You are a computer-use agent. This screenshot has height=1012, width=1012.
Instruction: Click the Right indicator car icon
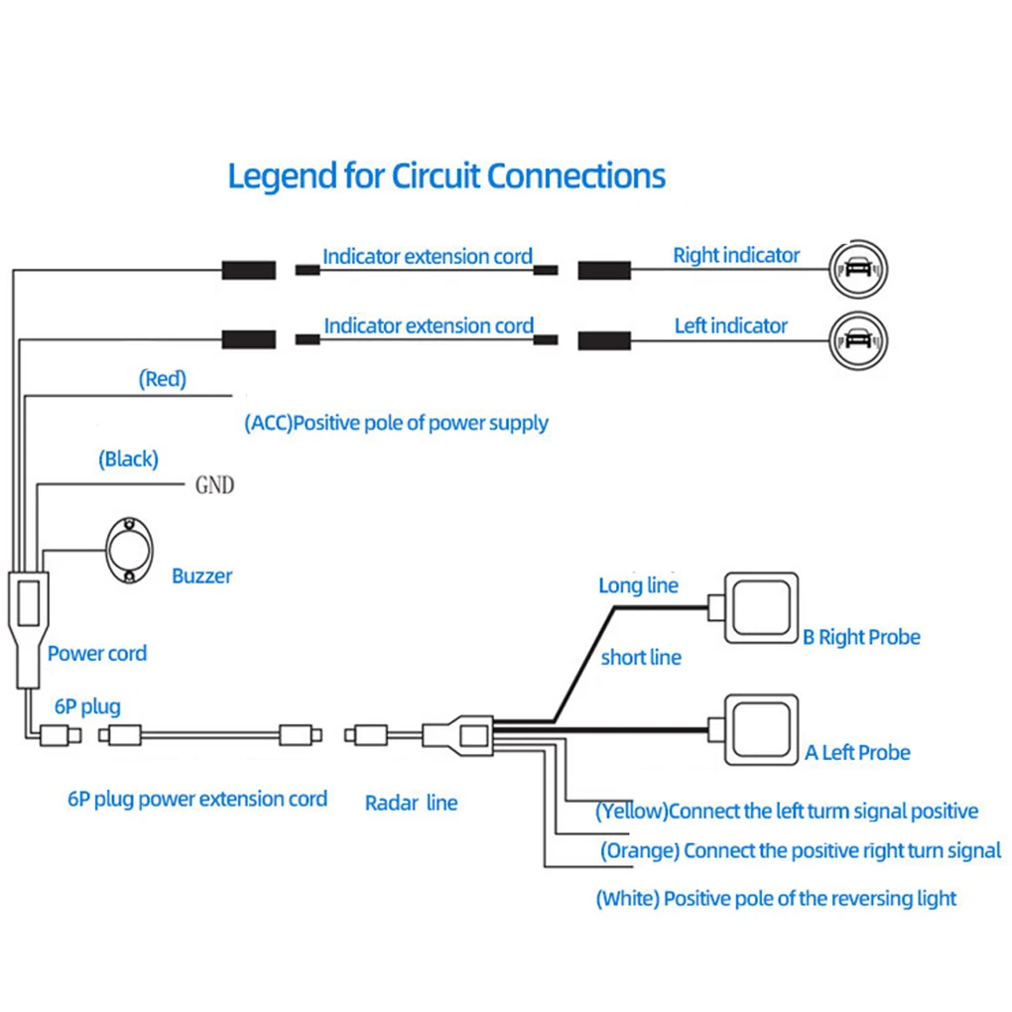pyautogui.click(x=858, y=269)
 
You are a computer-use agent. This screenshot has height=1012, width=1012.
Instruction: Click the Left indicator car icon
pyautogui.click(x=858, y=340)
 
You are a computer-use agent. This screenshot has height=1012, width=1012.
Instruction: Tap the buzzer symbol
pyautogui.click(x=129, y=551)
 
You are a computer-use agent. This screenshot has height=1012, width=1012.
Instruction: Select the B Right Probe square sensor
pyautogui.click(x=761, y=608)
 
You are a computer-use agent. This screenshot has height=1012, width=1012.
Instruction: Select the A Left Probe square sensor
pyautogui.click(x=761, y=730)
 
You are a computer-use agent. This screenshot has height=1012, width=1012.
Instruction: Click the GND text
pyautogui.click(x=215, y=485)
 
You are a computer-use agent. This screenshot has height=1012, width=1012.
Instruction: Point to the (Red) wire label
pyautogui.click(x=163, y=379)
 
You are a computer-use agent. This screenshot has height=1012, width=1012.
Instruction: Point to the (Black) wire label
pyautogui.click(x=128, y=459)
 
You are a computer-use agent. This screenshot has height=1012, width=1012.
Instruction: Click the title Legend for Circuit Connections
pyautogui.click(x=446, y=177)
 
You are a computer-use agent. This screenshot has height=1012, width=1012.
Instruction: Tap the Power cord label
pyautogui.click(x=97, y=653)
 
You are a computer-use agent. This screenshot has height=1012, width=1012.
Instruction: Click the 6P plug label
pyautogui.click(x=87, y=706)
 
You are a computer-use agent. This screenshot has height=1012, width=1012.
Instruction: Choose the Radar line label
pyautogui.click(x=411, y=803)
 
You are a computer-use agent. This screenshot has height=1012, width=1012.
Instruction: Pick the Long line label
pyautogui.click(x=638, y=585)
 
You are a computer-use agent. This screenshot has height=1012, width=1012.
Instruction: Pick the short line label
pyautogui.click(x=641, y=657)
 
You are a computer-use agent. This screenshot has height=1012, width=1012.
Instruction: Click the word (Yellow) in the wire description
pyautogui.click(x=632, y=812)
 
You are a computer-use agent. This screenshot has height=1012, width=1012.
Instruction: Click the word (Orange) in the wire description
pyautogui.click(x=640, y=850)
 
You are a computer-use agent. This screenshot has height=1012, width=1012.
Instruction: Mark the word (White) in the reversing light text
pyautogui.click(x=628, y=899)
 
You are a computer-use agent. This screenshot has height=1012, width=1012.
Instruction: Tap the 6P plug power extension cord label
pyautogui.click(x=197, y=799)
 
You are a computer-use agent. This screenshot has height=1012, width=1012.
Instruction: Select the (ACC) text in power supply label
pyautogui.click(x=269, y=424)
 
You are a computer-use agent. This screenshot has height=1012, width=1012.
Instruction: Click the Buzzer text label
pyautogui.click(x=202, y=575)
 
